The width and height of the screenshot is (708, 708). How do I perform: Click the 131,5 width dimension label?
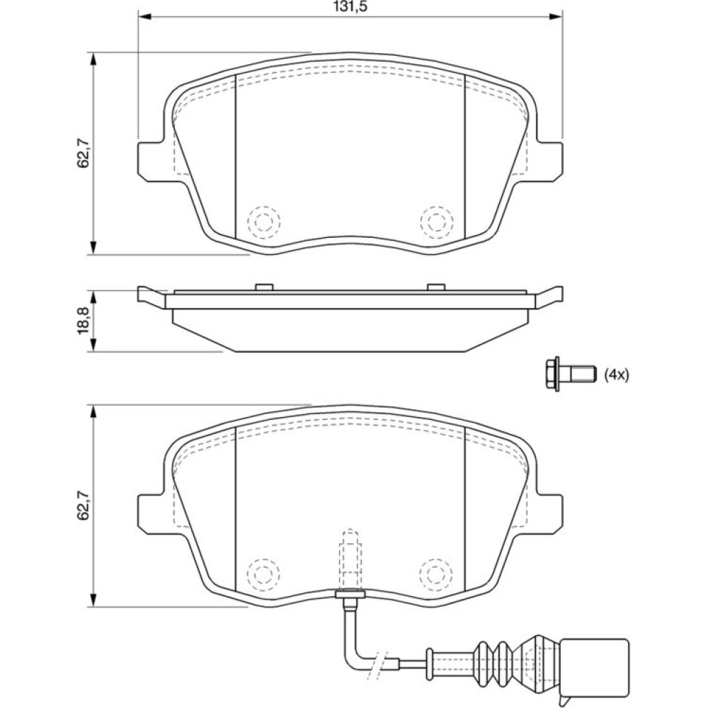350,7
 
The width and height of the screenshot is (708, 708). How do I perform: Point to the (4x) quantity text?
617,375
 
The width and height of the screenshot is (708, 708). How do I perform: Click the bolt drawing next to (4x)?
570,374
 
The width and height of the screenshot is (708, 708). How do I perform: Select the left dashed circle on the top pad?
263,222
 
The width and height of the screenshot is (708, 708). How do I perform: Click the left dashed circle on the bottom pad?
263,573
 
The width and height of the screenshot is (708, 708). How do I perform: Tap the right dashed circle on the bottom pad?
436,573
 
